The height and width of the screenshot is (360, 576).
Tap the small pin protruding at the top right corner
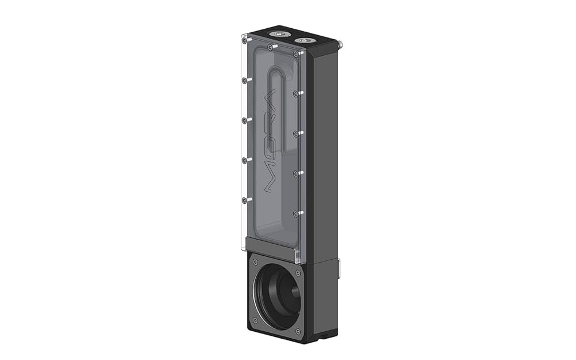click(x=340, y=44)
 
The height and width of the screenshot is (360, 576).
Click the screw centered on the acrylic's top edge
click(x=270, y=47)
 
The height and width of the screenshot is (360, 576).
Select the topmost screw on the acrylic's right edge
click(x=295, y=54)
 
